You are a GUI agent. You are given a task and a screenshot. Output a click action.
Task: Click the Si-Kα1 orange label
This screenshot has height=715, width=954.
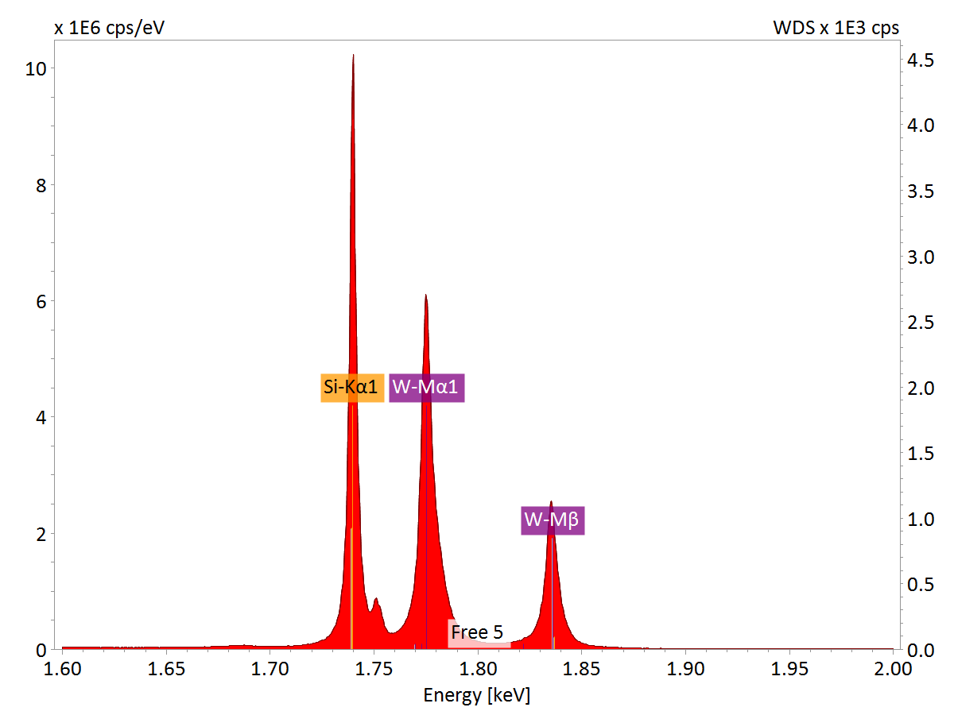click(352, 388)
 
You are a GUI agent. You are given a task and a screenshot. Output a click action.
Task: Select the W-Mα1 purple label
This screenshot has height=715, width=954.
click(427, 388)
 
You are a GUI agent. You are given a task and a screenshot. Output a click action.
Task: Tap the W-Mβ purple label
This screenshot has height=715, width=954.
click(553, 521)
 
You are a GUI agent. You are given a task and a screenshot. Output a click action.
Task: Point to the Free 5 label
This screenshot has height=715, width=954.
click(477, 632)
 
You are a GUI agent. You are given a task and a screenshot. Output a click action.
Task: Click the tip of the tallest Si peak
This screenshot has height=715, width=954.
click(353, 56)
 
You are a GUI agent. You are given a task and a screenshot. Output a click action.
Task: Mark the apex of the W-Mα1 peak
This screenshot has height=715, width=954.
click(426, 296)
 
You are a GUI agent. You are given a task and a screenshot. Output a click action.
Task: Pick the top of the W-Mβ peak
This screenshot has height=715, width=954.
click(551, 502)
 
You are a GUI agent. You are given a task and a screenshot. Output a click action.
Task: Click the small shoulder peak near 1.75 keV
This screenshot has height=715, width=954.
click(376, 599)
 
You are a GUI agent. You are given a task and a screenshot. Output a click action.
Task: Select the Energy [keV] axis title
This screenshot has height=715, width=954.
click(476, 696)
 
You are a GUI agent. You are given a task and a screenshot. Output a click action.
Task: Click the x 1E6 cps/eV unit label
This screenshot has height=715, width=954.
click(110, 28)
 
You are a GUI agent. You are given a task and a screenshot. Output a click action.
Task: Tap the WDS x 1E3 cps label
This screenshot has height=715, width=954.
click(836, 28)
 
